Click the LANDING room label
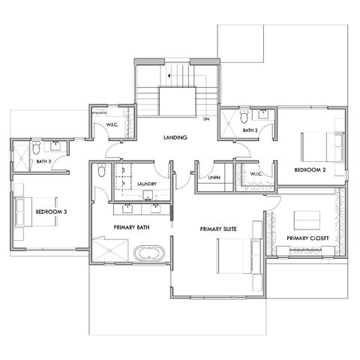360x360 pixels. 175,137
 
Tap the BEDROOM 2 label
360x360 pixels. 310,170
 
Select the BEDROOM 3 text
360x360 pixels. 51,211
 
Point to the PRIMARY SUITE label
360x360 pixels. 218,229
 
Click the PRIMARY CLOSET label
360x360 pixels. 307,238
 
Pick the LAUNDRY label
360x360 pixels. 147,184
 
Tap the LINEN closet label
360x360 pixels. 214,178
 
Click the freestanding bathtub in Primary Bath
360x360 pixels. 149,253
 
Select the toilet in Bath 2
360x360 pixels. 244,116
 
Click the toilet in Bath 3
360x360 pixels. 36,148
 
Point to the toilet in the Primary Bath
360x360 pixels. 101,170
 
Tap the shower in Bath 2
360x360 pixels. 228,123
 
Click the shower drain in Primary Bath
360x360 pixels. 109,250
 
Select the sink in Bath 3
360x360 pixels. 55,145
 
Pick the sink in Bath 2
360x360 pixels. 263,114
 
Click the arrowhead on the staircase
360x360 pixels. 169,76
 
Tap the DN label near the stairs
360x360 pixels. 206,119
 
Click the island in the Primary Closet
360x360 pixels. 307,220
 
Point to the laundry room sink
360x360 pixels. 148,195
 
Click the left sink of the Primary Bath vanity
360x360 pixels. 127,208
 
